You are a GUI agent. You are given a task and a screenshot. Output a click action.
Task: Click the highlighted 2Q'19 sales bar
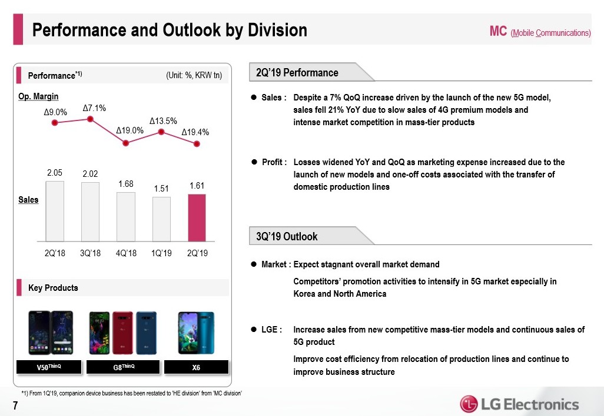pos(197,217)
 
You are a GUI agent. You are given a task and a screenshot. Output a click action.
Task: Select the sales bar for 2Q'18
pos(55,211)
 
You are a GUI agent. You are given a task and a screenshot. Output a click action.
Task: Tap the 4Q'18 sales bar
pos(125,216)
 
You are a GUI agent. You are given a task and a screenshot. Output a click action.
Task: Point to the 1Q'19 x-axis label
pos(161,253)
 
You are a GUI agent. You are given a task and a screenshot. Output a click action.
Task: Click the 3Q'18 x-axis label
pos(90,253)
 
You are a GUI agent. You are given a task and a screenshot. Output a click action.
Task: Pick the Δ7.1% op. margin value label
pos(94,108)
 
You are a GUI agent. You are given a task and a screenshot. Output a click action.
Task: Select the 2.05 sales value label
pos(55,173)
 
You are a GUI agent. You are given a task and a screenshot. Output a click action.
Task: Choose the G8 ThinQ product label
pos(124,367)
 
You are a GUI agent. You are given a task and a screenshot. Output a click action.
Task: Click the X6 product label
pos(196,367)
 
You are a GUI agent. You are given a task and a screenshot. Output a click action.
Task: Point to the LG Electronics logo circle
pos(469,404)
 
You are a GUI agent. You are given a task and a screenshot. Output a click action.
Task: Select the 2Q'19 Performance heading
pos(297,73)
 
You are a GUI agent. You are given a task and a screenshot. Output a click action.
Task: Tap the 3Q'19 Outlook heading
pos(287,236)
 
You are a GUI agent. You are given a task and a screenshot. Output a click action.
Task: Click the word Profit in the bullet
pos(273,162)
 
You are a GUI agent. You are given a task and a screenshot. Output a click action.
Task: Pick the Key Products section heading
pos(53,288)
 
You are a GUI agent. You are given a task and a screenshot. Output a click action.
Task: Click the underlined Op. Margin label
pos(39,96)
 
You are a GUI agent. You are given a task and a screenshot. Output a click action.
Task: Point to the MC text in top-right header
pos(498,31)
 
